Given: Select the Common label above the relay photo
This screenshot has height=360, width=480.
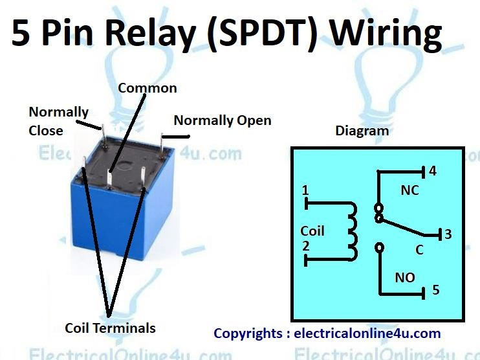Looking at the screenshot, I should coord(147,87).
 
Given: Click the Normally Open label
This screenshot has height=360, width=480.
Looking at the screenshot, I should coord(223,120).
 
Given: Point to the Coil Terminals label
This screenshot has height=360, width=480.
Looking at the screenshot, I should coord(110,328).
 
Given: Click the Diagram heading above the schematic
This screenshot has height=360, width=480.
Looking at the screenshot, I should coord(362,131).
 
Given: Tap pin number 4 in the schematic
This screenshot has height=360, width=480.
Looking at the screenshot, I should coord(433,172).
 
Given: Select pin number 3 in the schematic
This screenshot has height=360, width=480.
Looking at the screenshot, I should coord(448,234).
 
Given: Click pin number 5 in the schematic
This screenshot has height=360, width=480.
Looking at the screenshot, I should coord(435,289).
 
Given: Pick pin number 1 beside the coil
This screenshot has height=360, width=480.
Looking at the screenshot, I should coord(305,191).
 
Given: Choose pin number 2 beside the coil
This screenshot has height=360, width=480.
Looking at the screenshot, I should coord(305,246).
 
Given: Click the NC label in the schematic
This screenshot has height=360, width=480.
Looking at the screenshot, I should coord(409,190).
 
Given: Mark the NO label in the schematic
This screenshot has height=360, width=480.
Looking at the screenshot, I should coord(406,277).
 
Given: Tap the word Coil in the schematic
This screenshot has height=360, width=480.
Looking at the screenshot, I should coord(312,231).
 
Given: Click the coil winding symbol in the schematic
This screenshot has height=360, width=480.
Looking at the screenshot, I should coord(351,231).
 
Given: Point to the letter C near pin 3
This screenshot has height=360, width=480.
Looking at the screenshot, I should coord(419,250).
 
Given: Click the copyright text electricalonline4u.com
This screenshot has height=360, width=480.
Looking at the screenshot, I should coord(367,333).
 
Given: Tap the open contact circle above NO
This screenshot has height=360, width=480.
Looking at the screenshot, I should coord(379,247).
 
